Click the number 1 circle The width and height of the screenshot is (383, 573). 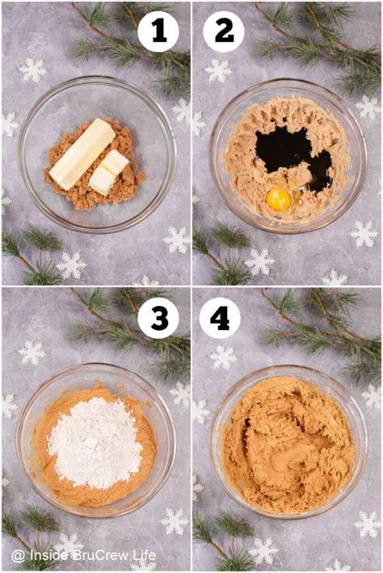[x=158, y=33]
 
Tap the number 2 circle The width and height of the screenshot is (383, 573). [x=224, y=33]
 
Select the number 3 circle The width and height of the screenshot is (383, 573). [x=158, y=320]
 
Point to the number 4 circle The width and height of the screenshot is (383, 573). [x=220, y=320]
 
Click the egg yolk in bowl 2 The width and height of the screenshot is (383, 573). [x=278, y=198]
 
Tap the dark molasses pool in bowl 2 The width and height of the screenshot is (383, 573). [x=284, y=149]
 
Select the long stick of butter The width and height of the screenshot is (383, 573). [x=81, y=153]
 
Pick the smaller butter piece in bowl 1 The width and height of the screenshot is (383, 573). [x=108, y=172]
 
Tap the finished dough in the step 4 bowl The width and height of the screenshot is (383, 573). [x=288, y=445]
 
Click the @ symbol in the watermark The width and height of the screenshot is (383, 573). [x=18, y=556]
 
